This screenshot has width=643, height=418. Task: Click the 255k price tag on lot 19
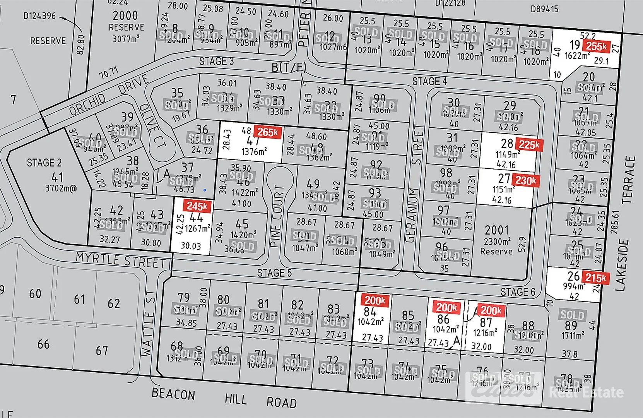596,46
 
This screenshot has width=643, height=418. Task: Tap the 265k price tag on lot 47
267,132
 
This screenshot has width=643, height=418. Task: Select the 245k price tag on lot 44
197,206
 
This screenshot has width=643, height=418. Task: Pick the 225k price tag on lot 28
529,145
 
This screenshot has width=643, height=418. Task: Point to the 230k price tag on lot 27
525,180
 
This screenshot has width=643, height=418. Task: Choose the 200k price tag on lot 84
375,300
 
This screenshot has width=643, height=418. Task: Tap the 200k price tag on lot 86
446,307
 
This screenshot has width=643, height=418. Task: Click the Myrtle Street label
121,260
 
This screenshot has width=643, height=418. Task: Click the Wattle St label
148,324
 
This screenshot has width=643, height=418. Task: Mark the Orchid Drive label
109,95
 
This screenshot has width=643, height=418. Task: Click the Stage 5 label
274,273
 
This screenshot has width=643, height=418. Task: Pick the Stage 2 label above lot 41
44,163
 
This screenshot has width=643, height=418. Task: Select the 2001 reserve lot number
496,230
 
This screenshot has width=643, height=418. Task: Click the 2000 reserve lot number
125,15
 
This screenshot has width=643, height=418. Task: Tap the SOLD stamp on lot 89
572,315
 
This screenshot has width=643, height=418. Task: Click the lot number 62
113,303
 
